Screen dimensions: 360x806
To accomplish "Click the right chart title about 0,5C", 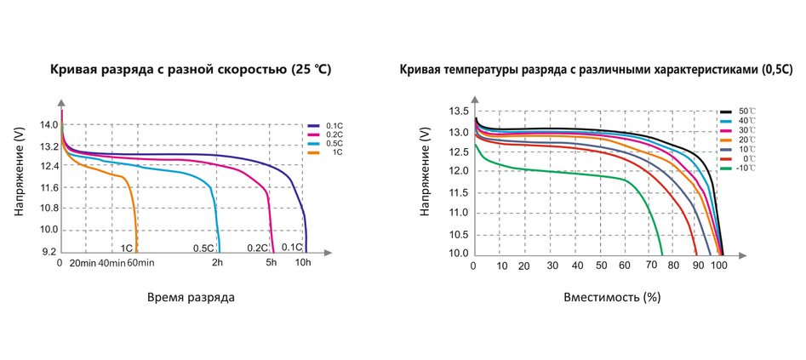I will (596, 69).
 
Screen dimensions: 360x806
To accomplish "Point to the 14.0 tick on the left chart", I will (49, 125).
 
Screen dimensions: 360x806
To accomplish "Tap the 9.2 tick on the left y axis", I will (49, 252).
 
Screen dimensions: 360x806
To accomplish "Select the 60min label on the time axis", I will (140, 264).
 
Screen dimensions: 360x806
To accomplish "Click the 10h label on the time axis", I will (303, 264).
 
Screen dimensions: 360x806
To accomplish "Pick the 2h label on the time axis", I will (218, 264).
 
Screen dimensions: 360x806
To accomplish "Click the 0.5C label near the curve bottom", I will (203, 249).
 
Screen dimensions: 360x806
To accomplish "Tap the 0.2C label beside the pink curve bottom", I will (257, 249).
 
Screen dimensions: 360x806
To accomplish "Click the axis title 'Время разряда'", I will (191, 298).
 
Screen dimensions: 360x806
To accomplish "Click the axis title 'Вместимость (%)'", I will (612, 298).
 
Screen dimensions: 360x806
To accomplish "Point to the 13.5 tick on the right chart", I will (459, 111).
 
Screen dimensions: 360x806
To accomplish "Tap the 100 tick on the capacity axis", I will (719, 266).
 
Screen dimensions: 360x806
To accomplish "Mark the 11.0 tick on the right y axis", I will (459, 213).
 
